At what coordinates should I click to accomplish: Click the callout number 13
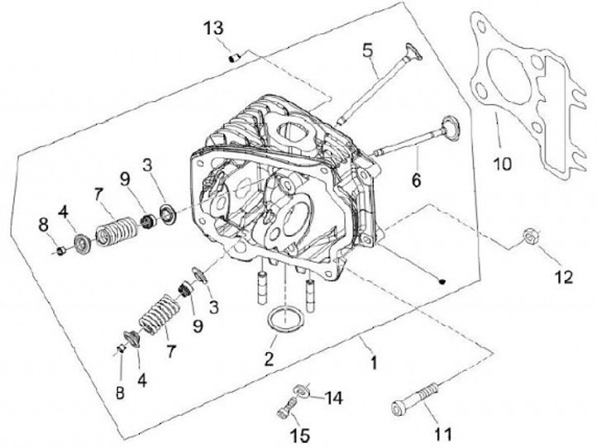[213, 28]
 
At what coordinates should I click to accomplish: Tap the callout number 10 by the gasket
[503, 164]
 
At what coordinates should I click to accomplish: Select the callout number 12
[563, 277]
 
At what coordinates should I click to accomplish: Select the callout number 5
[367, 50]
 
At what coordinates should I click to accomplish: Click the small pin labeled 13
[235, 57]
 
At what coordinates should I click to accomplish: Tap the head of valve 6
[451, 128]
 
